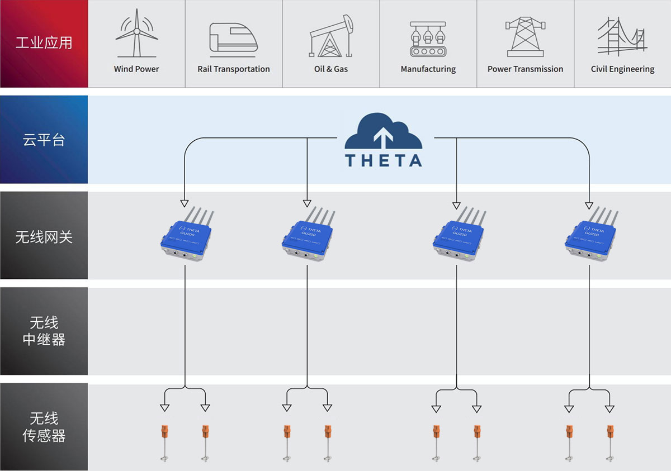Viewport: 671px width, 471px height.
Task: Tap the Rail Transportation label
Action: click(234, 69)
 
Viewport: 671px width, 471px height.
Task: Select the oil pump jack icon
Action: click(331, 37)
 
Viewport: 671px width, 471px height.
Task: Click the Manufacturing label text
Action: click(428, 69)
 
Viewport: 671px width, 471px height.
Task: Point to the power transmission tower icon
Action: click(525, 37)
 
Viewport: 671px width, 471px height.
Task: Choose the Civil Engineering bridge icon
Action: click(622, 37)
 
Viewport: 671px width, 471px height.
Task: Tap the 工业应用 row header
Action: click(44, 43)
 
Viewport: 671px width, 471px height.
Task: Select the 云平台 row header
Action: click(44, 140)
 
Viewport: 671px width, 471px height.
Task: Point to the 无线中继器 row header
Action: click(44, 331)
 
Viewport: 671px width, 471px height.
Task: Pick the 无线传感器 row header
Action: click(44, 427)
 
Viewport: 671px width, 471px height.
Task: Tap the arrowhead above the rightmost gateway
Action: click(589, 203)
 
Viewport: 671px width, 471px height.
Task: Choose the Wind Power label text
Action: click(136, 69)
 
